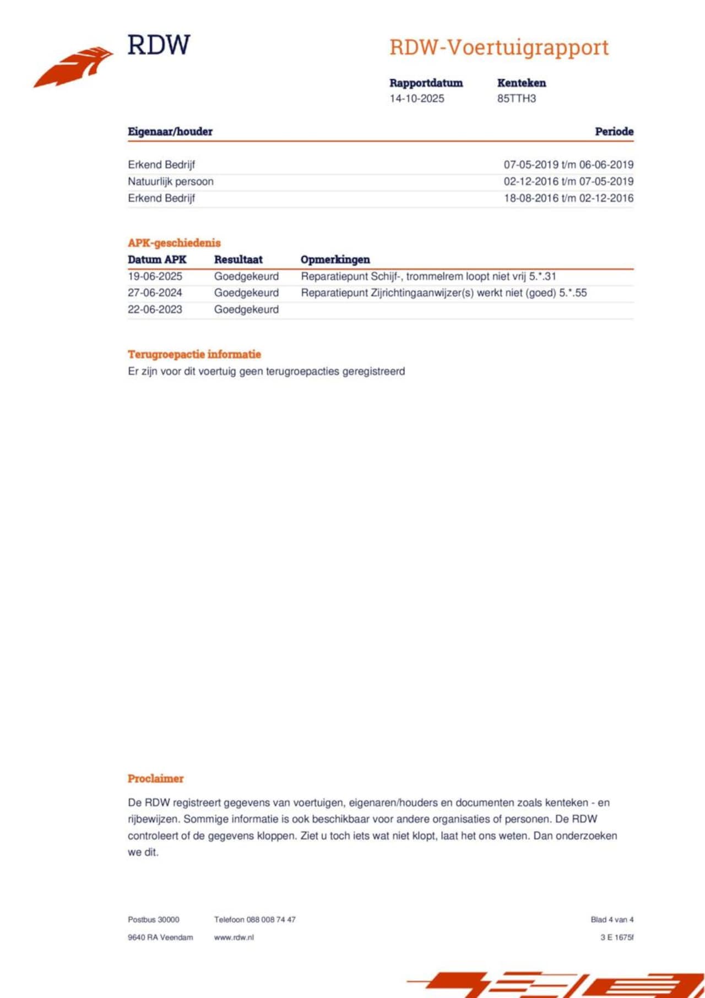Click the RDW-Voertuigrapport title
pyautogui.click(x=498, y=47)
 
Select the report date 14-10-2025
pyautogui.click(x=416, y=99)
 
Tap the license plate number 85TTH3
pyautogui.click(x=516, y=99)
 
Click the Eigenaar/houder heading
pyautogui.click(x=170, y=132)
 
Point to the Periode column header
pyautogui.click(x=614, y=132)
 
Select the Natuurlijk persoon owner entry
pyautogui.click(x=170, y=181)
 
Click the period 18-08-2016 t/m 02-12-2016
pyautogui.click(x=568, y=198)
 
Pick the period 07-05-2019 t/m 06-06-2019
pyautogui.click(x=568, y=165)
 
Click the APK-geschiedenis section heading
pyautogui.click(x=174, y=243)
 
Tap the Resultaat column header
pyautogui.click(x=238, y=259)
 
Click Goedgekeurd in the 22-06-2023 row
pyautogui.click(x=246, y=310)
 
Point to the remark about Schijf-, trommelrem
pyautogui.click(x=428, y=276)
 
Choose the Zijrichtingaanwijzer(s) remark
pyautogui.click(x=443, y=293)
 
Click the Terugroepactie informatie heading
pyautogui.click(x=194, y=354)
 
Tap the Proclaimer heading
pyautogui.click(x=155, y=779)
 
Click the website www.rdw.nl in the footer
pyautogui.click(x=234, y=937)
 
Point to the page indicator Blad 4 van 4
pyautogui.click(x=611, y=920)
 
